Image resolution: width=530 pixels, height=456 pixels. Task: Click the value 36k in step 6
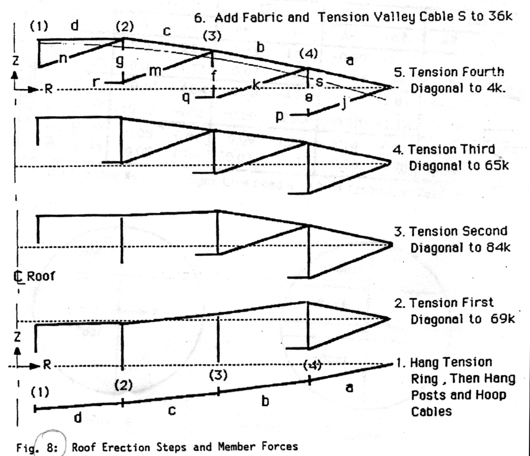(x=500, y=16)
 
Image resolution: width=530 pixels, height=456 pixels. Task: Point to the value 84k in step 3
(x=498, y=248)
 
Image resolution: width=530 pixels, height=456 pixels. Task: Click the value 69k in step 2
(x=503, y=319)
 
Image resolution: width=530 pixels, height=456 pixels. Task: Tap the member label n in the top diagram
(x=63, y=59)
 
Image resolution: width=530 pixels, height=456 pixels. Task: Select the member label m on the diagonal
(x=155, y=71)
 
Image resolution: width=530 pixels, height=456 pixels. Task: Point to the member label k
(x=256, y=84)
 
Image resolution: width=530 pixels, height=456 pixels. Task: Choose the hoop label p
(x=279, y=116)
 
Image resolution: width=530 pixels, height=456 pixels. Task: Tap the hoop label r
(x=96, y=81)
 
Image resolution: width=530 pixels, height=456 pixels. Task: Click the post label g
(x=120, y=61)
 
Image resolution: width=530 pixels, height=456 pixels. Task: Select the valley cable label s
(x=319, y=81)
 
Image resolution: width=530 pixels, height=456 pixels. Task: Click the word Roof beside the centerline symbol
(x=40, y=276)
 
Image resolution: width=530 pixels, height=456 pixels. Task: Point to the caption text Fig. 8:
(x=37, y=448)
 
